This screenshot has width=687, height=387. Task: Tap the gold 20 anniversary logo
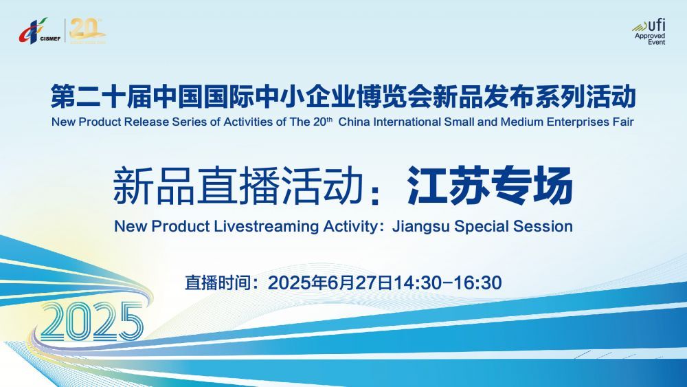click(x=87, y=31)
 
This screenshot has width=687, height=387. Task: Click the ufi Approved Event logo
click(x=649, y=32)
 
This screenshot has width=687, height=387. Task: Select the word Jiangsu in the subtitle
click(x=421, y=227)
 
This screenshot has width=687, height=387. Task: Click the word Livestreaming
click(x=267, y=227)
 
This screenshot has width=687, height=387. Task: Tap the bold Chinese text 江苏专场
click(x=489, y=186)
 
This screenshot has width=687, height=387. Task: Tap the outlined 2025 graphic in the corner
click(x=91, y=321)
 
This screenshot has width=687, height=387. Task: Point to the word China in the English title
click(x=354, y=122)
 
